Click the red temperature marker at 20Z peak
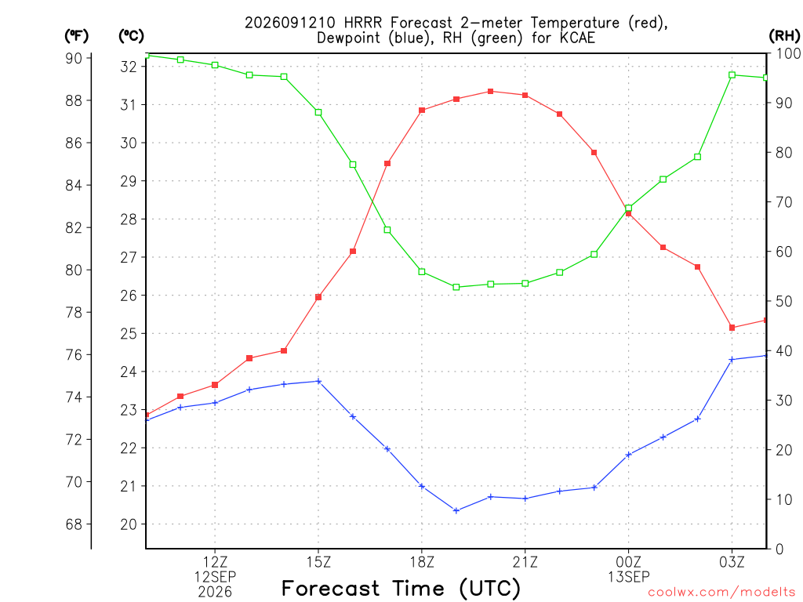(491, 91)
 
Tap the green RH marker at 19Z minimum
(456, 287)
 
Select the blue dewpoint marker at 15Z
(318, 381)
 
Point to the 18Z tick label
(422, 562)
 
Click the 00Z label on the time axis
(628, 562)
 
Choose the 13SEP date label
(628, 577)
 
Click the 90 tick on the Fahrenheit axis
(74, 58)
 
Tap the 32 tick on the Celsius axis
(129, 67)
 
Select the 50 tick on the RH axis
(783, 301)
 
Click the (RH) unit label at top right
(784, 35)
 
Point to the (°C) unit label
(131, 35)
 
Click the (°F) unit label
(76, 35)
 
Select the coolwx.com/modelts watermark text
(721, 592)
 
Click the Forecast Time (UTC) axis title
(401, 588)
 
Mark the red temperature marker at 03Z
(732, 328)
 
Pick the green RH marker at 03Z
(732, 75)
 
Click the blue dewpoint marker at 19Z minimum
(456, 510)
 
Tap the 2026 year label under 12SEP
(215, 592)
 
